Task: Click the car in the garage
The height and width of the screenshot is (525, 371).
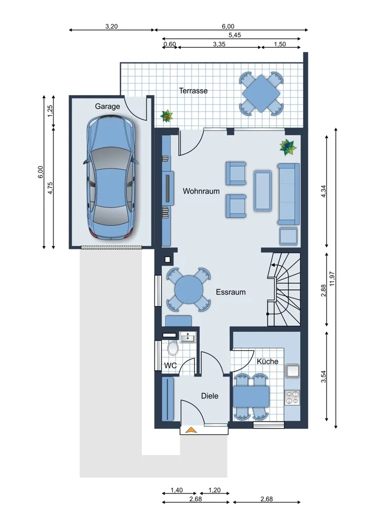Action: [x=111, y=177]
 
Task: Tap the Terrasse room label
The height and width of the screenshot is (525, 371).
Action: [x=193, y=91]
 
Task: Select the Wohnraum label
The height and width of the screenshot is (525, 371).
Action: [x=201, y=191]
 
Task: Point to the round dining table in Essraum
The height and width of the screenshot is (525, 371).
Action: [x=189, y=289]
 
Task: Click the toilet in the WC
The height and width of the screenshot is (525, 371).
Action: [x=173, y=348]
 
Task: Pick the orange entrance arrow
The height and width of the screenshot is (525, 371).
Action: [x=191, y=430]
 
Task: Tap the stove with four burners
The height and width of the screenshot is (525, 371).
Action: [x=292, y=397]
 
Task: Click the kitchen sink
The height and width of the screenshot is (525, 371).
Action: [x=292, y=371]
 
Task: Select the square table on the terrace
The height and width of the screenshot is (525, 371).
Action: [x=261, y=93]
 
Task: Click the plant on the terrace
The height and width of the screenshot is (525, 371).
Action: [x=166, y=116]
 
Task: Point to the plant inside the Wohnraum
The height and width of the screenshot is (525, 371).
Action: [x=288, y=147]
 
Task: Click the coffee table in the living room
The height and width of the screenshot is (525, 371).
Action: [x=262, y=191]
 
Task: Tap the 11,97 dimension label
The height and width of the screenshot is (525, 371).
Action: [x=332, y=279]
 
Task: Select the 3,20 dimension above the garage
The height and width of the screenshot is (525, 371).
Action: [x=111, y=26]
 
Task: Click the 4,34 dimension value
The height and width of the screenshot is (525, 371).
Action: [x=323, y=191]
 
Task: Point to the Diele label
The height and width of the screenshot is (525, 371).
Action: [x=210, y=396]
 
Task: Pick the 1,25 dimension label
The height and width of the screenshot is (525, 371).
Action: [x=50, y=111]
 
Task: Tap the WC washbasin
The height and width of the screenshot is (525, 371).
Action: [x=188, y=337]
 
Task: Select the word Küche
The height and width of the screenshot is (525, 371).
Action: [x=267, y=361]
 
